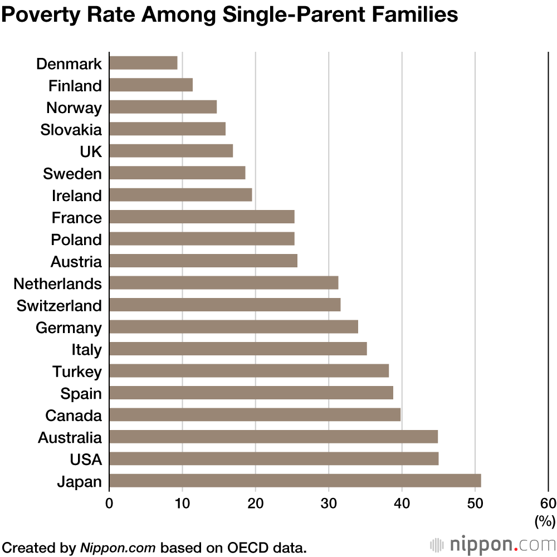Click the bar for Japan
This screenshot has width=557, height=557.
point(295,481)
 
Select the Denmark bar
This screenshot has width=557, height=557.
point(143,63)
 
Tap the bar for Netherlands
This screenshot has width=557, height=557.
point(223,283)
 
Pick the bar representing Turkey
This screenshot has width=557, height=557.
point(248,371)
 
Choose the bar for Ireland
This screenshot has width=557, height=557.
point(180,195)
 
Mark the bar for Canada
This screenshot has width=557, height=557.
point(255,415)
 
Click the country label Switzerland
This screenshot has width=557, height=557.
point(59,306)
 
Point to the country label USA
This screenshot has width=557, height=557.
point(86,460)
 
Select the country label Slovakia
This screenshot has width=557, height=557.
point(71,130)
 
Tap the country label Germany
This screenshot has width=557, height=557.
point(69,328)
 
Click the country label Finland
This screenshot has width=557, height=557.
point(75,86)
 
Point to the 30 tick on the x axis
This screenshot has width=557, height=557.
point(329,503)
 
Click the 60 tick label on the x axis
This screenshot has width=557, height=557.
point(548,503)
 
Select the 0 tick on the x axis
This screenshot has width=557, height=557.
point(109,503)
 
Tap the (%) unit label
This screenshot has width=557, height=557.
point(545,521)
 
